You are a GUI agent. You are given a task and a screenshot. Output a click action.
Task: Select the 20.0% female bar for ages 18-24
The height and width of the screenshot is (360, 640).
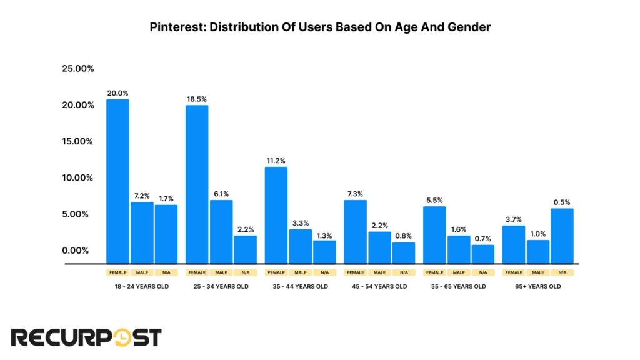click(x=118, y=181)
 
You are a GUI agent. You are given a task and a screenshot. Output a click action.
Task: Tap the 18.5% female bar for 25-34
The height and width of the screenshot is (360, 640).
click(x=197, y=184)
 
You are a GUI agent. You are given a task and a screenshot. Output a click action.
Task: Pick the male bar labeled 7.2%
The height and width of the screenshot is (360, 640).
click(x=142, y=232)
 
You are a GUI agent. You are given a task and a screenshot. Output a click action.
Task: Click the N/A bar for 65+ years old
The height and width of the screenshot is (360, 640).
click(x=562, y=236)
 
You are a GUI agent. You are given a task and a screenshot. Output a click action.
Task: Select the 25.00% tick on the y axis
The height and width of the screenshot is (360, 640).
click(x=77, y=68)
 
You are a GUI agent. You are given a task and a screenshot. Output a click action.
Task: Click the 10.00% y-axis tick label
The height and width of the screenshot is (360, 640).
click(x=77, y=177)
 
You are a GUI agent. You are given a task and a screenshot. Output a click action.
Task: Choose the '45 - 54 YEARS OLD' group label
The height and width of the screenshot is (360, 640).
click(x=379, y=287)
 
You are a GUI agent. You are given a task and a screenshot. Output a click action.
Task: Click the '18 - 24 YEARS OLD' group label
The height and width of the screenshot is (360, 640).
click(x=142, y=287)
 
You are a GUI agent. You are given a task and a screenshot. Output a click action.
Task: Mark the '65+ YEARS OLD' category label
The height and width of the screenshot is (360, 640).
click(x=538, y=287)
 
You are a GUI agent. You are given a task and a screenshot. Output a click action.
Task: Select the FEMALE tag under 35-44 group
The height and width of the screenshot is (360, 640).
click(x=276, y=272)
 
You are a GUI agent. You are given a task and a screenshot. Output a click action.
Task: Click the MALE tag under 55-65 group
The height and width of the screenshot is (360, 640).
click(x=459, y=272)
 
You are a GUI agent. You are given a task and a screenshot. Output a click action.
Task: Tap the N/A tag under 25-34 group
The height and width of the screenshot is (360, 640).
click(x=245, y=272)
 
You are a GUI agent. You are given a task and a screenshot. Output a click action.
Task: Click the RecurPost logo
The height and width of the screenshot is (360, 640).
click(x=87, y=337)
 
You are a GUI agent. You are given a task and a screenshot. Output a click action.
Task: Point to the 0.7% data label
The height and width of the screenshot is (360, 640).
click(x=482, y=238)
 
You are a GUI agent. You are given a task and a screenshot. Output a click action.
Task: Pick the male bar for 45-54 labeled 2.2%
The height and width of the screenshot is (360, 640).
click(x=379, y=247)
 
